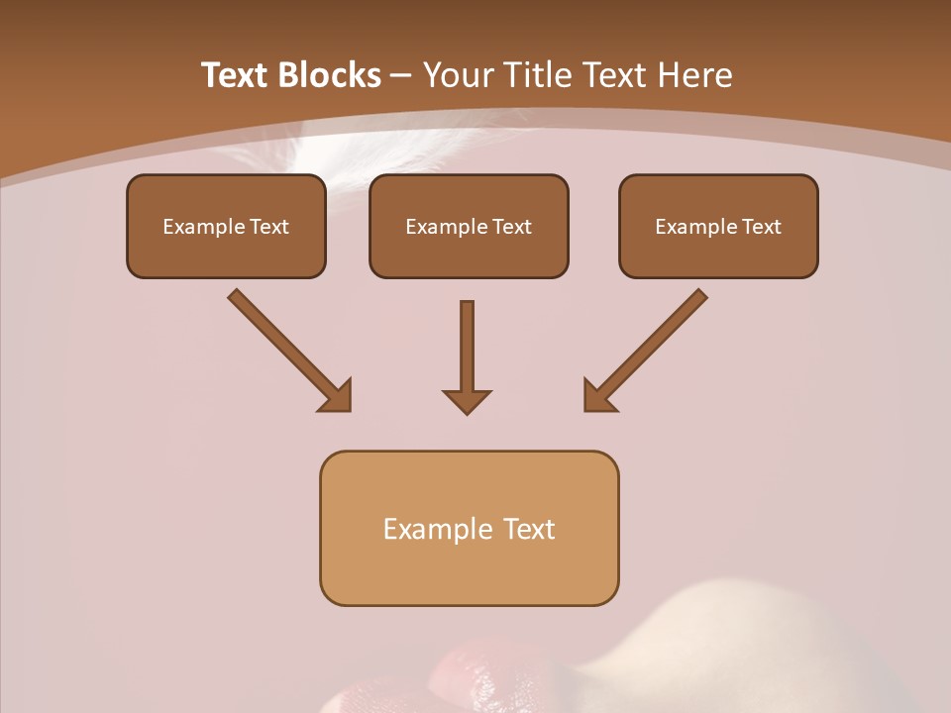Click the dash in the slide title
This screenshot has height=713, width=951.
(x=401, y=76)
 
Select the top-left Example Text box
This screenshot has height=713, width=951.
(x=226, y=226)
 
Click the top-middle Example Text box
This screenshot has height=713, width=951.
(x=469, y=226)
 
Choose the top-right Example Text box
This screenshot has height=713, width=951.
(x=718, y=226)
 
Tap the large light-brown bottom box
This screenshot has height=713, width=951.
(x=469, y=528)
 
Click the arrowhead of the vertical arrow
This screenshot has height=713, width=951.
(x=467, y=400)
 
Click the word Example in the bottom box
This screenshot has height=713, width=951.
(x=424, y=529)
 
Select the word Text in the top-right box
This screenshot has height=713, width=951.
(x=761, y=227)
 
